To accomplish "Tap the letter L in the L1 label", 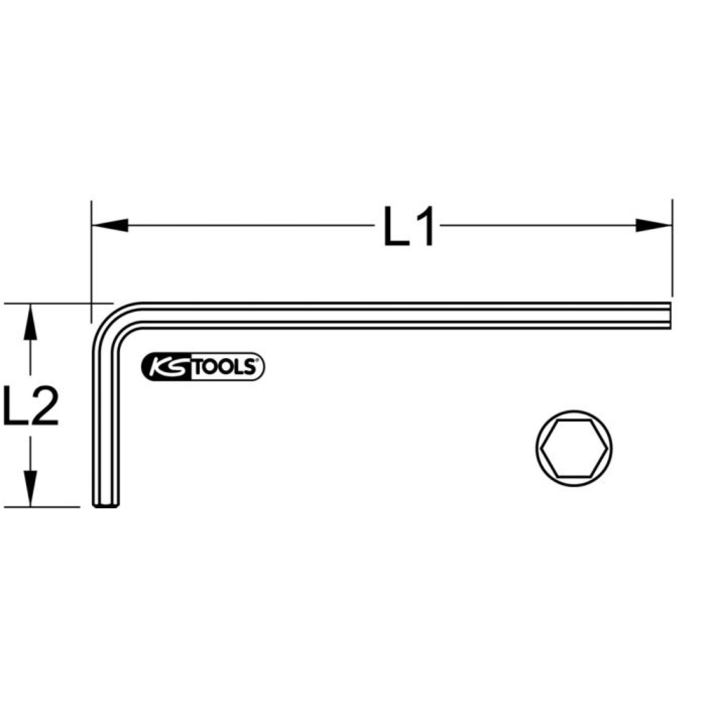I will click(x=397, y=227).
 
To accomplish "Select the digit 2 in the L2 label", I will click(x=44, y=406).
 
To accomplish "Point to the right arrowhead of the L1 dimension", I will click(x=652, y=225).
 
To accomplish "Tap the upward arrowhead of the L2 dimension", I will click(x=29, y=322).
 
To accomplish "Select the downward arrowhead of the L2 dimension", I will click(x=29, y=489).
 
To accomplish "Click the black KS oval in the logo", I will click(x=166, y=367).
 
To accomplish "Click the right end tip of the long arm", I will click(x=669, y=316).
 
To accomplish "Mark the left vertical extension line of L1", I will click(x=90, y=254).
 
